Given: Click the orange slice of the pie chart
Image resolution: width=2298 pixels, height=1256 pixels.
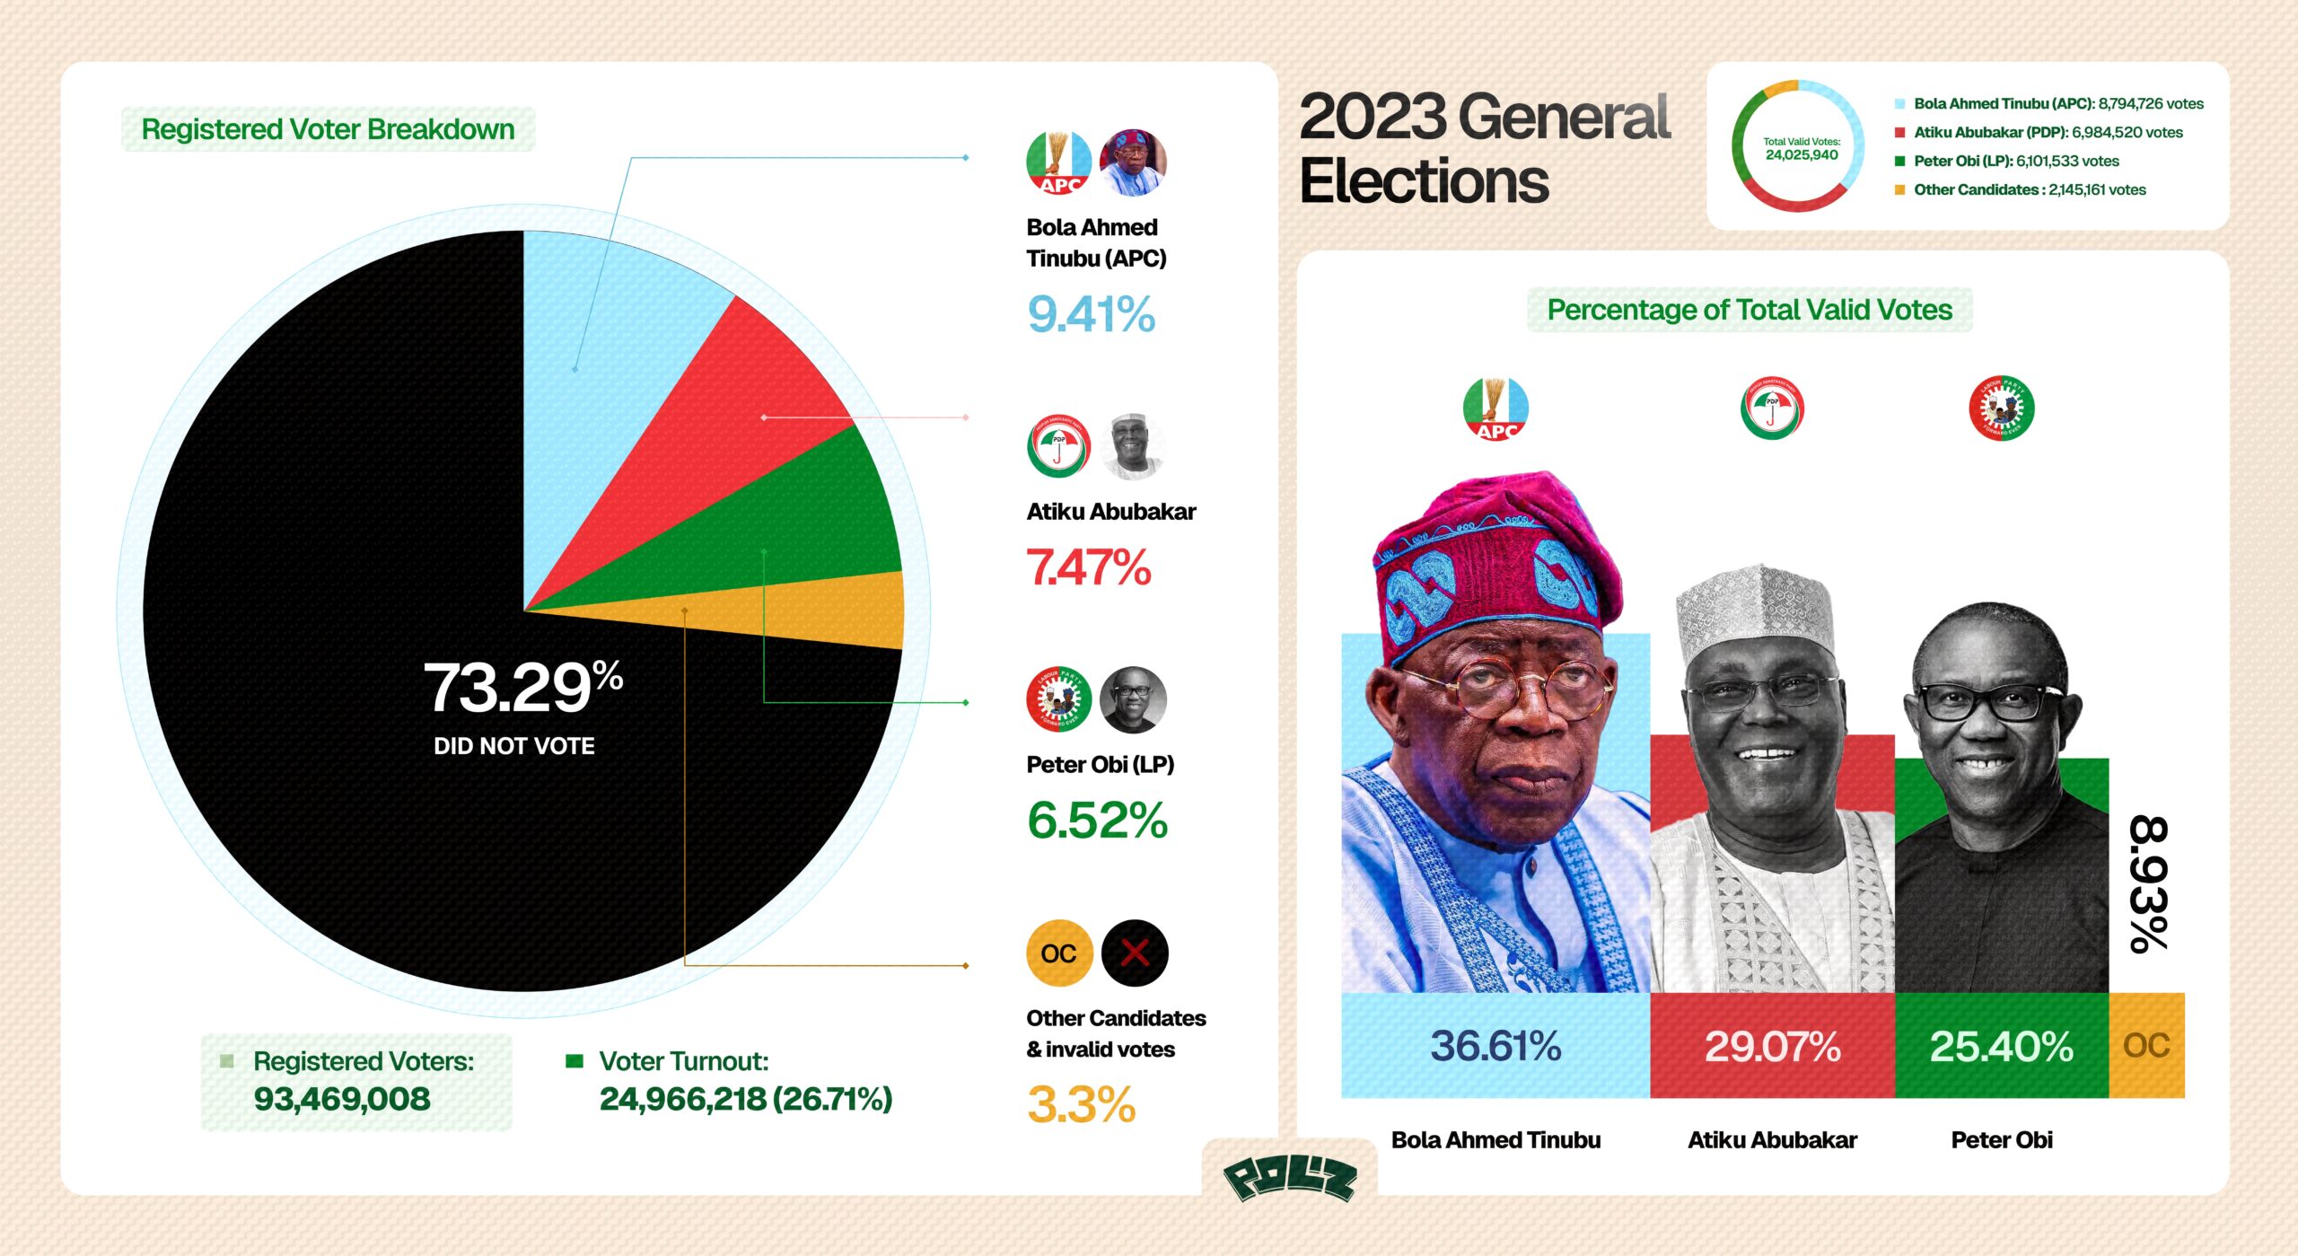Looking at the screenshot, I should (808, 610).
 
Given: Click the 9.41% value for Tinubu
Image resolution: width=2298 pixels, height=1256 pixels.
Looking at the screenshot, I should (1091, 314).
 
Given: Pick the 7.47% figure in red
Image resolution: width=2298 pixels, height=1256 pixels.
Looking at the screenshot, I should (1088, 567).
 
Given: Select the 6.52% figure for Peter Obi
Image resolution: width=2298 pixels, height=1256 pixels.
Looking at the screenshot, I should (1097, 821).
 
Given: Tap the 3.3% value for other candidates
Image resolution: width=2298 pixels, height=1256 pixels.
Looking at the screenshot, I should (1081, 1104).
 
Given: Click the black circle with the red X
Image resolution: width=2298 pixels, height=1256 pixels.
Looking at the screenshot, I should (1134, 953).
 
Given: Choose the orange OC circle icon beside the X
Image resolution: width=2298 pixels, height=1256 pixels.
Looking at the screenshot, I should (1058, 953).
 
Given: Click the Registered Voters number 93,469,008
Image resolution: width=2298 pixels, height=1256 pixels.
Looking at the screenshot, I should (342, 1099).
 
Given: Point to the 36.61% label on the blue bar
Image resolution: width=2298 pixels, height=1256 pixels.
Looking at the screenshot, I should (1495, 1046).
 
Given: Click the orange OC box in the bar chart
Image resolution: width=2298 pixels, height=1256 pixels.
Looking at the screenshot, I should (2146, 1045).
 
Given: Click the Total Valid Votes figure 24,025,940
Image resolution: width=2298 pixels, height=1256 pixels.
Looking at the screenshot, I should (1801, 155).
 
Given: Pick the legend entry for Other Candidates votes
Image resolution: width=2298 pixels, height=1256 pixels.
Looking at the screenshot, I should (2029, 189).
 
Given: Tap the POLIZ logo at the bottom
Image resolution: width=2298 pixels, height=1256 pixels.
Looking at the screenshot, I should (1289, 1178).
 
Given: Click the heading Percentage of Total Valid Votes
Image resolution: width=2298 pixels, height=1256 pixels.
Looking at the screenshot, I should (1750, 310).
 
